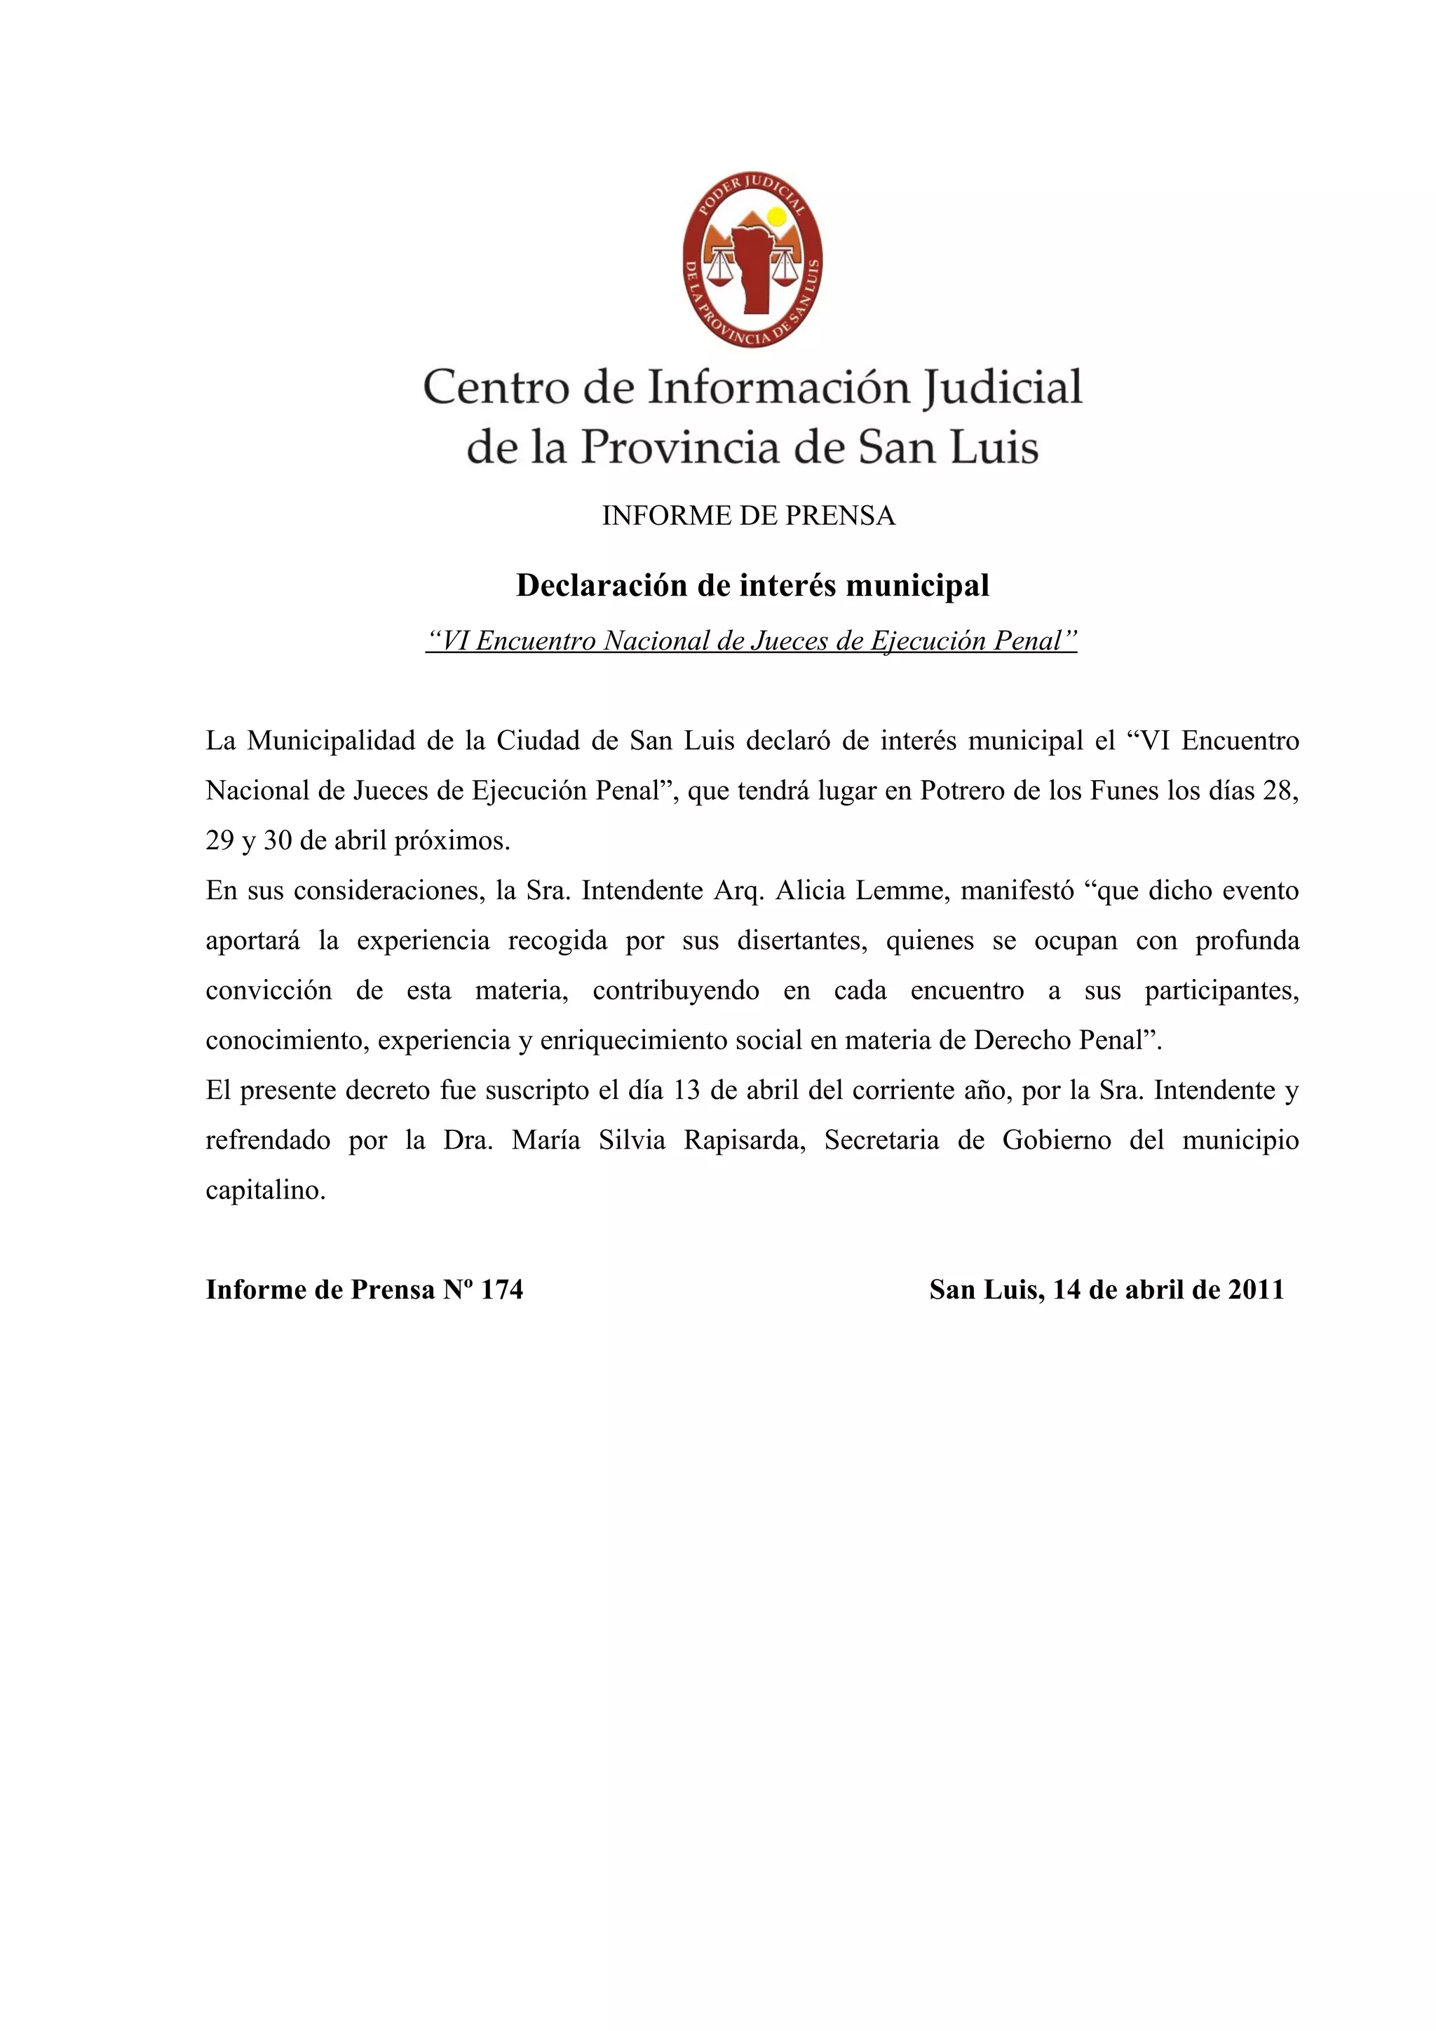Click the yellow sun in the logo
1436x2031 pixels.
[x=776, y=217]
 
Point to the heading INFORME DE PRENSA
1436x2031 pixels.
[x=749, y=516]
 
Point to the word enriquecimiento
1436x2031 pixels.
[x=638, y=1040]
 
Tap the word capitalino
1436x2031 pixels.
[x=266, y=1191]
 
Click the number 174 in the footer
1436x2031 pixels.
[x=501, y=1290]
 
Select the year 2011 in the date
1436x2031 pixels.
[x=1256, y=1290]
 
